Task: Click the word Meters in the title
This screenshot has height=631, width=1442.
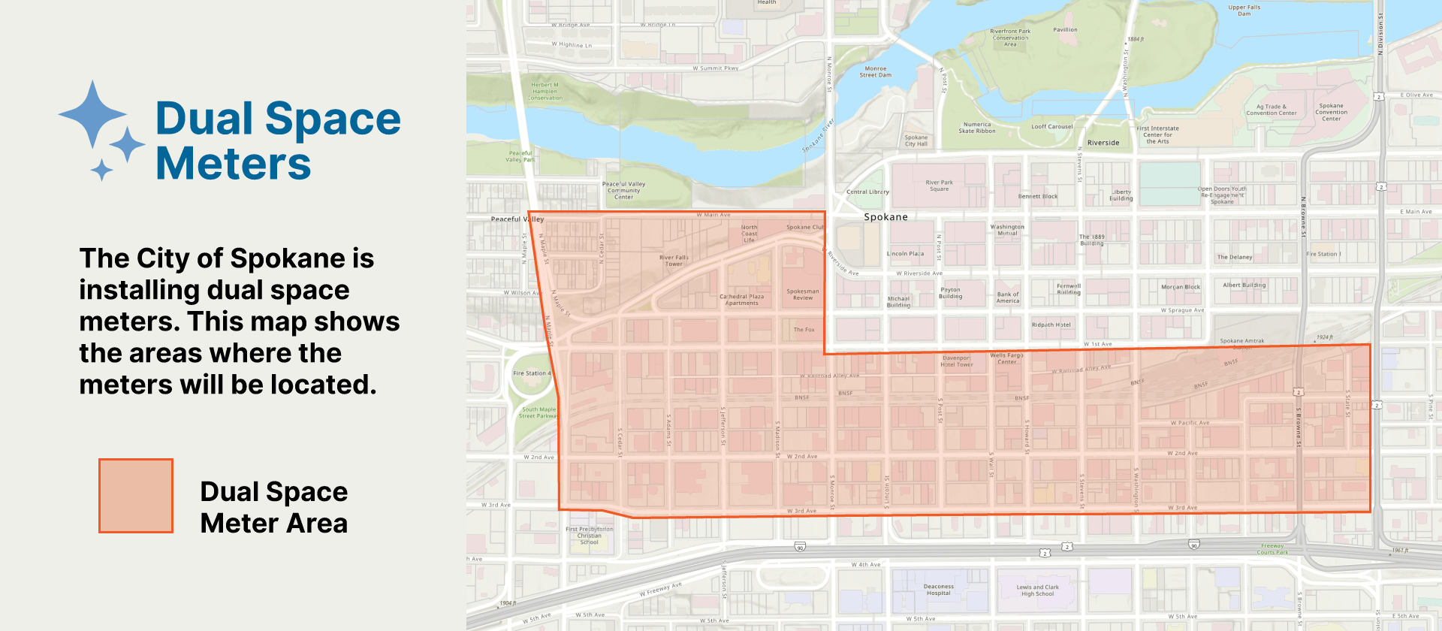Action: click(x=233, y=164)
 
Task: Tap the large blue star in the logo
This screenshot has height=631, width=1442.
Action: click(x=92, y=114)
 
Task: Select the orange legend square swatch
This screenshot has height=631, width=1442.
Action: click(x=136, y=496)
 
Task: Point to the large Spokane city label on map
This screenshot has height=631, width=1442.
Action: click(x=885, y=217)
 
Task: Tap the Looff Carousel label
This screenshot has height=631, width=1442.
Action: click(x=1051, y=127)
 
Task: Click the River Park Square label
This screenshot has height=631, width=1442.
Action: click(x=939, y=186)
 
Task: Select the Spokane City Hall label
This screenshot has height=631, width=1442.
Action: click(x=916, y=140)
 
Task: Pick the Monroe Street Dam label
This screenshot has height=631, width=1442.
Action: click(x=875, y=71)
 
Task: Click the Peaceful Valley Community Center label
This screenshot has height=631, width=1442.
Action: click(x=623, y=190)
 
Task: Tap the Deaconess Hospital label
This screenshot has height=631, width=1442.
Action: click(x=938, y=590)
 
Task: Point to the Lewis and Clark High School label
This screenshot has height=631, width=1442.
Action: click(x=1037, y=590)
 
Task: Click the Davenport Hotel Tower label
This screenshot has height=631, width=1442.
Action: click(x=956, y=361)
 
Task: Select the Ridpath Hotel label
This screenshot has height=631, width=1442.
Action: click(x=1051, y=325)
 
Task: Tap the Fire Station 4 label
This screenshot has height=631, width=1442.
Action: click(x=531, y=373)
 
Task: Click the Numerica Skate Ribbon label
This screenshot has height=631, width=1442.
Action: click(x=976, y=128)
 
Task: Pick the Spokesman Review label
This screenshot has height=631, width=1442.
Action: click(x=803, y=294)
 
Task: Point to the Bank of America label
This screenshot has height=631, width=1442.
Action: click(x=1008, y=297)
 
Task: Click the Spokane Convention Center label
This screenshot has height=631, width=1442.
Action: click(x=1331, y=112)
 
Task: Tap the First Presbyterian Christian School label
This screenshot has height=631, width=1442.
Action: click(x=589, y=536)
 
